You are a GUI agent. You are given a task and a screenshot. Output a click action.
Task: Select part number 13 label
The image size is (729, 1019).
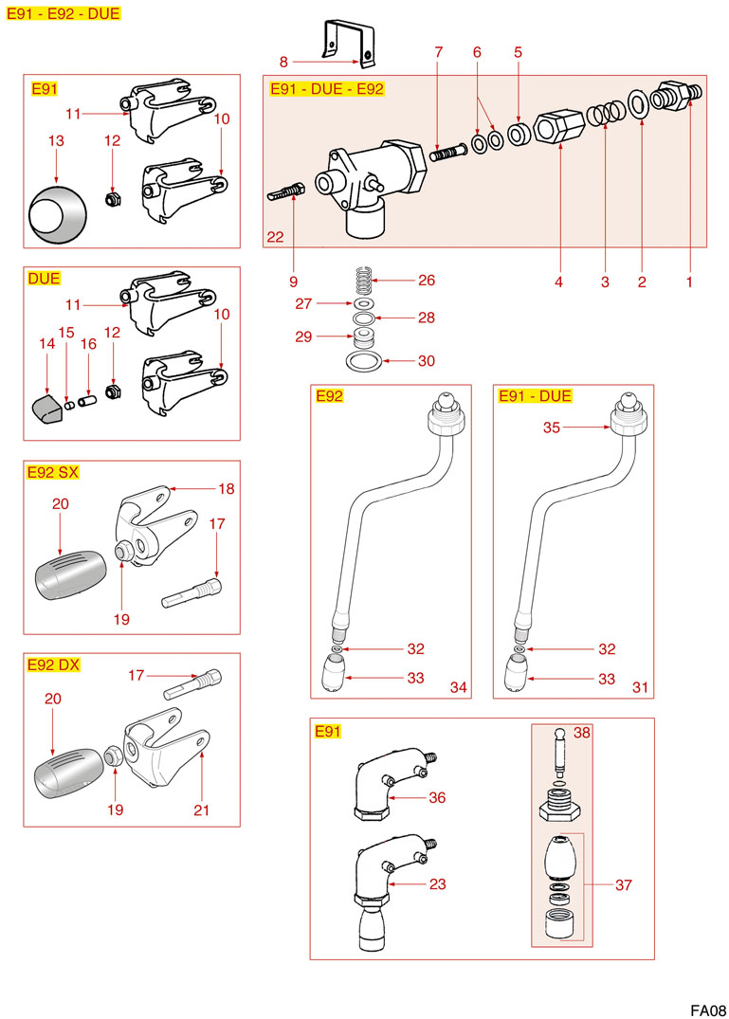click(x=56, y=140)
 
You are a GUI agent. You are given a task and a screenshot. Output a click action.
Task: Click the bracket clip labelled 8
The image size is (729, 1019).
click(x=348, y=44)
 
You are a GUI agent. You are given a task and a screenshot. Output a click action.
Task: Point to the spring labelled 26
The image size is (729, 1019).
click(x=363, y=281)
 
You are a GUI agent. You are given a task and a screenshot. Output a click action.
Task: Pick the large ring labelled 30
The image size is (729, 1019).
click(x=363, y=362)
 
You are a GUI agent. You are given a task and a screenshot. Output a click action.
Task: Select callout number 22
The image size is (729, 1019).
click(x=275, y=237)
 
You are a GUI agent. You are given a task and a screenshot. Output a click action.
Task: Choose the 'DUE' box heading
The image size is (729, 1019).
click(x=45, y=279)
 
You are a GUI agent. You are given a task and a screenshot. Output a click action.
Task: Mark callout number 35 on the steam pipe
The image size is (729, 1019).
click(x=554, y=428)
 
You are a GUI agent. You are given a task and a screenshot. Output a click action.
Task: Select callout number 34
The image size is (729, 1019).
click(x=458, y=687)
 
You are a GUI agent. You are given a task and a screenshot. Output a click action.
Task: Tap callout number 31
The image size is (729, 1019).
click(x=640, y=687)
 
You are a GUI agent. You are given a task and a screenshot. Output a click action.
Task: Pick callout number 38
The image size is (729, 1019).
click(x=582, y=733)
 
